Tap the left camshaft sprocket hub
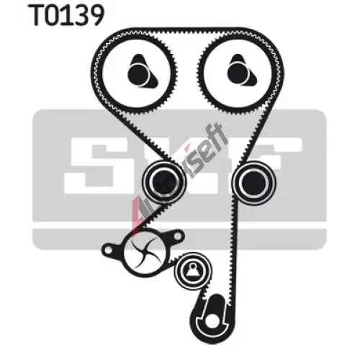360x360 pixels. point(141,72)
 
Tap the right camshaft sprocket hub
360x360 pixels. point(241,72)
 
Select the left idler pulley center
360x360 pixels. point(163,182)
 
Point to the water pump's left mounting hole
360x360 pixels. point(108,251)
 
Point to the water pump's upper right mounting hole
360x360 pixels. point(177,236)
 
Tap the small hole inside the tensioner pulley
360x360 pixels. point(192,266)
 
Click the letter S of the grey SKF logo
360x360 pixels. point(96,166)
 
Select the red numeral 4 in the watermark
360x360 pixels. point(138,211)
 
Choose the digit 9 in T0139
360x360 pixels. point(95,16)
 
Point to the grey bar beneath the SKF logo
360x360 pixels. point(179,239)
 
